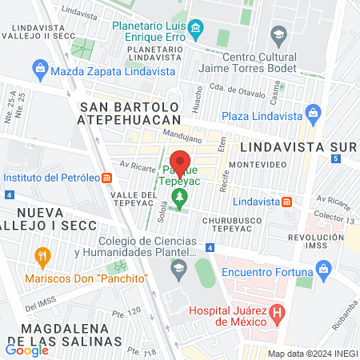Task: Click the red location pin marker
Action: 182,162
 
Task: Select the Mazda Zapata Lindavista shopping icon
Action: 40,71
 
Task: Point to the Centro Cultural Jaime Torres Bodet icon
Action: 278,34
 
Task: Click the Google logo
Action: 27,350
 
